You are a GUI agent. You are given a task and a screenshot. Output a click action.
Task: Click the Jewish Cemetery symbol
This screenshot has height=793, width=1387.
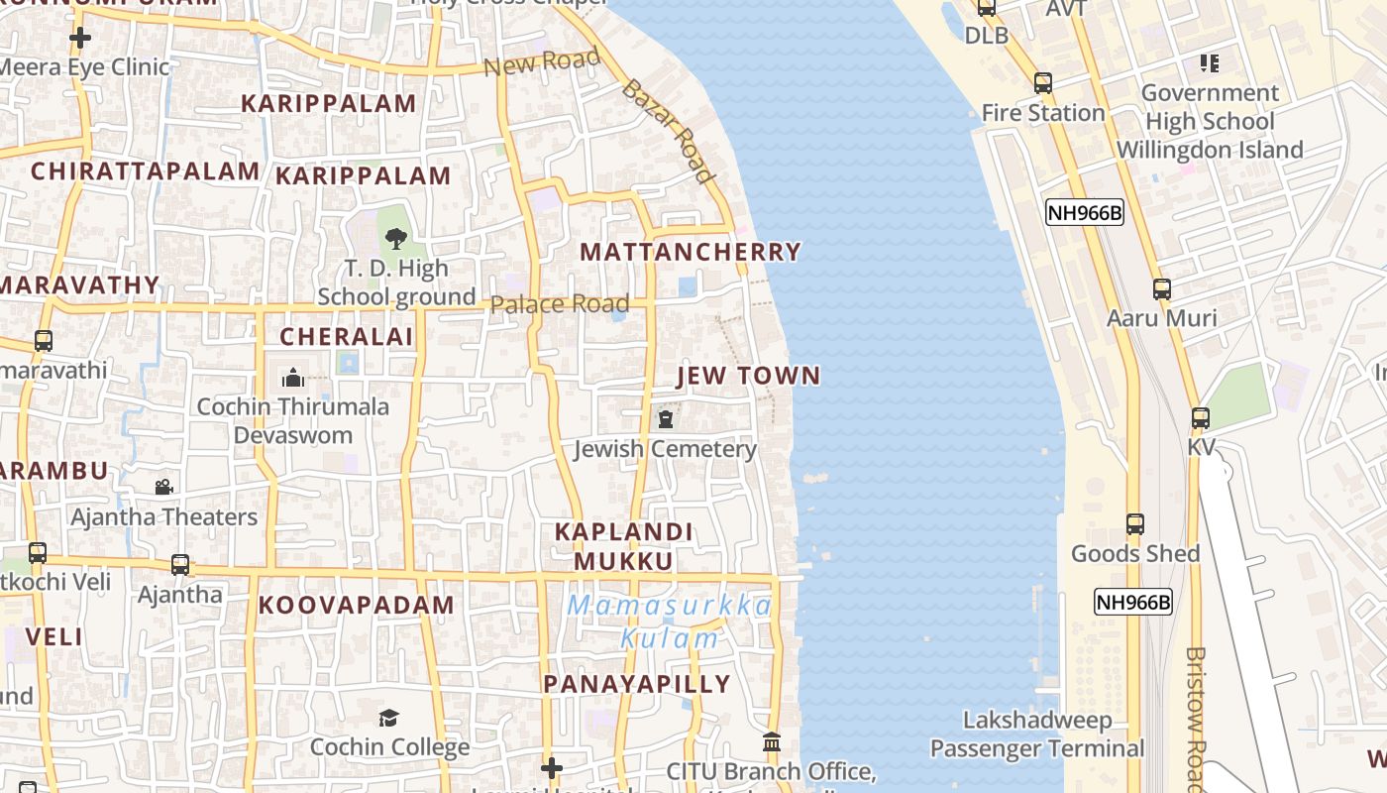pyautogui.click(x=666, y=419)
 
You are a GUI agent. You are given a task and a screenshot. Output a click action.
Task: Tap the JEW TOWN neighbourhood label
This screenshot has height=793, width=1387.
pyautogui.click(x=749, y=376)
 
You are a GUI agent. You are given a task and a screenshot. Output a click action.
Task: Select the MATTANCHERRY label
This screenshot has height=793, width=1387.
pyautogui.click(x=691, y=252)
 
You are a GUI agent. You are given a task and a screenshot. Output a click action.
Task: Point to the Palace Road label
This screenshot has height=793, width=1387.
pyautogui.click(x=560, y=304)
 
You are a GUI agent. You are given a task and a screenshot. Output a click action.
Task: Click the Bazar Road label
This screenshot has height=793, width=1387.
pyautogui.click(x=668, y=132)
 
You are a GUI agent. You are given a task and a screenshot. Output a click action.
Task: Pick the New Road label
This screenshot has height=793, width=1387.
pyautogui.click(x=543, y=62)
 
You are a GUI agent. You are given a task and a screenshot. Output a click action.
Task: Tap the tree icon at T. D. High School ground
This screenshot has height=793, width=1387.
pyautogui.click(x=396, y=239)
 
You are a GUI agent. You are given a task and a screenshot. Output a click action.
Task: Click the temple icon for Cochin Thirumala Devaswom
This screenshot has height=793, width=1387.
pyautogui.click(x=292, y=378)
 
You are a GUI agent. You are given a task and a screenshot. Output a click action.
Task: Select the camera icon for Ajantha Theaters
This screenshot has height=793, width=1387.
pyautogui.click(x=163, y=488)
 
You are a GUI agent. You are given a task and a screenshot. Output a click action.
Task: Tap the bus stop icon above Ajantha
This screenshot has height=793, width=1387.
pyautogui.click(x=179, y=565)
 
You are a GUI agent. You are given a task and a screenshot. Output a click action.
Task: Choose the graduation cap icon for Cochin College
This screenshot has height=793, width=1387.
pyautogui.click(x=389, y=718)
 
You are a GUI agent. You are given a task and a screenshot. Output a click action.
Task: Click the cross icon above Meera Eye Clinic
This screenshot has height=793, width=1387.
pyautogui.click(x=80, y=39)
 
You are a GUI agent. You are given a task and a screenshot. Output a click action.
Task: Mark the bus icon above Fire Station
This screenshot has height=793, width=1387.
pyautogui.click(x=1042, y=83)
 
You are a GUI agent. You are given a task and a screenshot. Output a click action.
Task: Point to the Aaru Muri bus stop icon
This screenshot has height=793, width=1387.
pyautogui.click(x=1161, y=289)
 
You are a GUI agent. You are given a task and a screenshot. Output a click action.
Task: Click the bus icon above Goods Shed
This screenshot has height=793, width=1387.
pyautogui.click(x=1135, y=524)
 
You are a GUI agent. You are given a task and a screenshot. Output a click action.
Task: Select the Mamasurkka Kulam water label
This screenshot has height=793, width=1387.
pyautogui.click(x=670, y=622)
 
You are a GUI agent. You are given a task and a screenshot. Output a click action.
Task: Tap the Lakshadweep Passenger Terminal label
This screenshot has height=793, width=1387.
pyautogui.click(x=1037, y=735)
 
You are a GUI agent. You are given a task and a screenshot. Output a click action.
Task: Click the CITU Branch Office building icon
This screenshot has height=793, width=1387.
pyautogui.click(x=772, y=742)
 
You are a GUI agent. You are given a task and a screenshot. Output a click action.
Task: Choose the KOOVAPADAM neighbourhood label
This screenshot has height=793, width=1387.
pyautogui.click(x=357, y=605)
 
